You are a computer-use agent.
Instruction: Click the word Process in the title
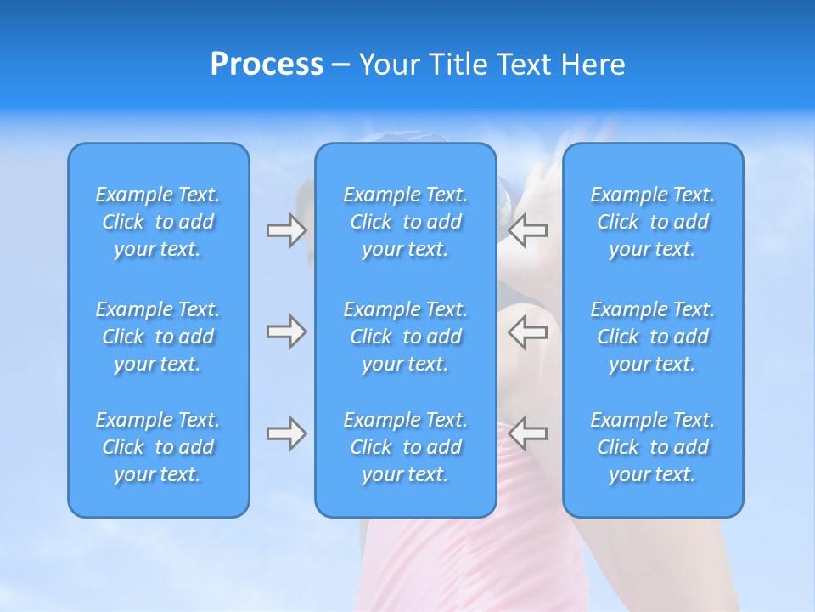(x=267, y=65)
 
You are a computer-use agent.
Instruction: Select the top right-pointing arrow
(x=286, y=230)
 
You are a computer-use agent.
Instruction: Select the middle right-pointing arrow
(x=286, y=331)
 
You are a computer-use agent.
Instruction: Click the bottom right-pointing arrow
(x=286, y=433)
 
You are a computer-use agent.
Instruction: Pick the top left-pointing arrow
(x=528, y=230)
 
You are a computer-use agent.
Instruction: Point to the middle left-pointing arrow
(x=528, y=331)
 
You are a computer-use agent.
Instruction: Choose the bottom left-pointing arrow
(x=528, y=433)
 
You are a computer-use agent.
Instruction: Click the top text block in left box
(x=158, y=222)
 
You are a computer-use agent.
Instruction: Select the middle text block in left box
(x=158, y=337)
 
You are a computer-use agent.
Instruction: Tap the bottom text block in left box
(x=158, y=447)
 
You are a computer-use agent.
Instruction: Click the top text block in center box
(x=405, y=222)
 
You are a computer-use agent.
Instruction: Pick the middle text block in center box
(x=405, y=337)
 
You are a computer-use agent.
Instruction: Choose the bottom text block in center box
(x=405, y=447)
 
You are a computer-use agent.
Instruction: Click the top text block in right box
(x=652, y=222)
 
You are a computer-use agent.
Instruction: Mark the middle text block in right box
(x=652, y=337)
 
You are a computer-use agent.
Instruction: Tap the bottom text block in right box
(x=652, y=447)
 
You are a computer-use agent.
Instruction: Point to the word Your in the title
(x=390, y=65)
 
